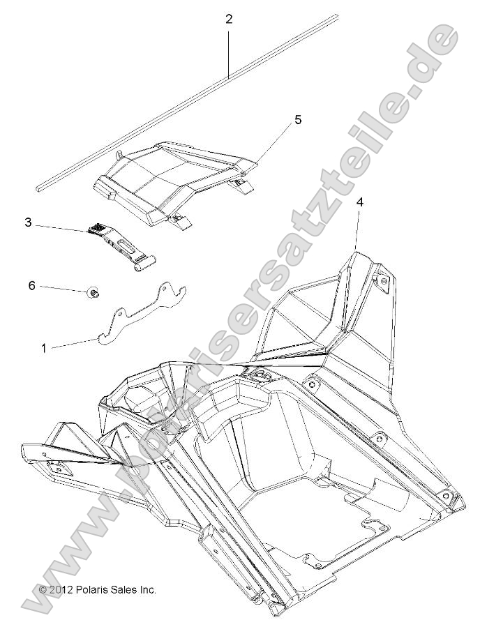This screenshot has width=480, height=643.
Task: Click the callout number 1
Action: tap(44, 347)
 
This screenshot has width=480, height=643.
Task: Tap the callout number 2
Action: tap(229, 20)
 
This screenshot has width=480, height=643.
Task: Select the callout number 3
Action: tap(28, 222)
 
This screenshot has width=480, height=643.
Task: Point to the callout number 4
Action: tap(359, 202)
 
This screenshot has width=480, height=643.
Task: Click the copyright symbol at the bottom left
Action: tap(43, 589)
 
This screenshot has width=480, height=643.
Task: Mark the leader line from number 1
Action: tap(73, 342)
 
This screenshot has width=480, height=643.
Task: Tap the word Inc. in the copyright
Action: tap(147, 589)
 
